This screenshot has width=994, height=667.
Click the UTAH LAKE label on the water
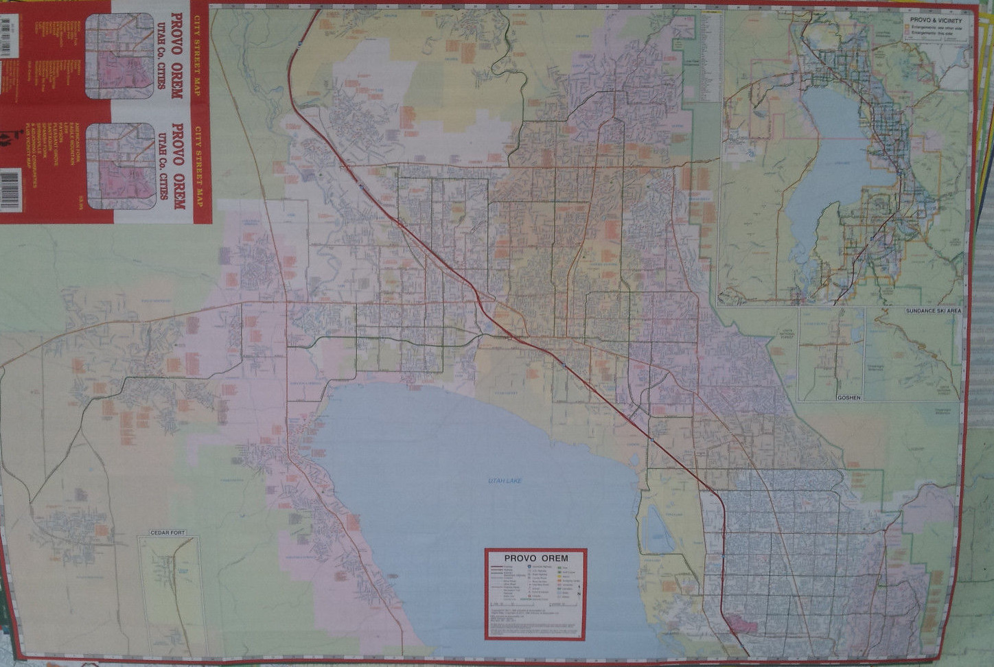tap(505, 481)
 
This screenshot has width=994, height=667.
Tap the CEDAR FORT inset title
tap(167, 533)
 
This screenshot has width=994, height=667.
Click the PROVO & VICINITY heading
tap(936, 21)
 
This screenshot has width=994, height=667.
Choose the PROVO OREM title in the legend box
tap(535, 558)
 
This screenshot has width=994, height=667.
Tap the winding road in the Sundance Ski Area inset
tap(927, 357)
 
